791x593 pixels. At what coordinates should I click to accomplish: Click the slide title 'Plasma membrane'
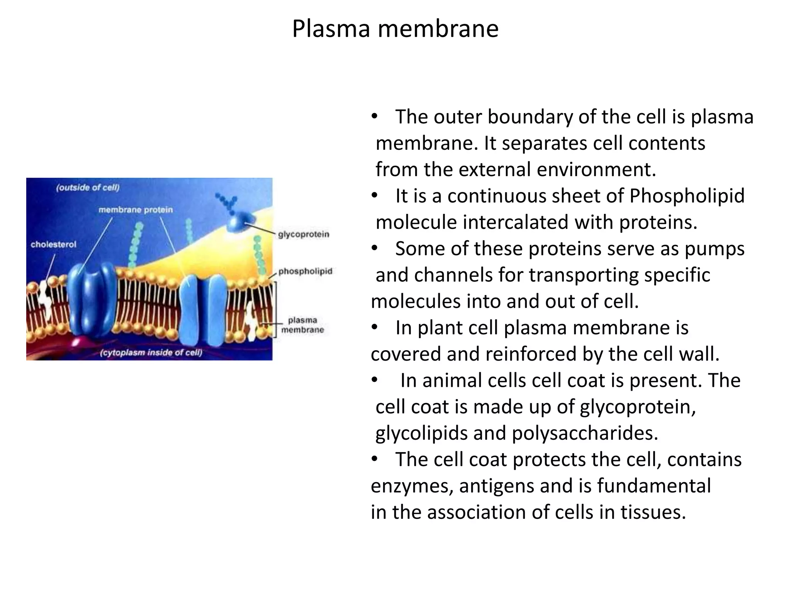click(x=395, y=29)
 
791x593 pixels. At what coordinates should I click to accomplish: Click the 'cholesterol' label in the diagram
click(x=54, y=244)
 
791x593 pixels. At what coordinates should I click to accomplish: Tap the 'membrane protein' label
click(x=136, y=210)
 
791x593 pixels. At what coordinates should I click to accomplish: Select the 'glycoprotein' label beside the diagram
click(x=304, y=234)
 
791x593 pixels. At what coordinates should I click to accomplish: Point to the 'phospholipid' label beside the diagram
click(x=305, y=271)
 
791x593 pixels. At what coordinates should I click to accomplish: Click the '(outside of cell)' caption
click(x=88, y=188)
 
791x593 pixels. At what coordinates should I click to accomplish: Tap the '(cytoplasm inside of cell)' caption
click(x=151, y=352)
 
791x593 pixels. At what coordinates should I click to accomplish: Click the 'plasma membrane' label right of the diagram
click(x=302, y=325)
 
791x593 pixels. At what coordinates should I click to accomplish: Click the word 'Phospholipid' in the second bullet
click(x=687, y=196)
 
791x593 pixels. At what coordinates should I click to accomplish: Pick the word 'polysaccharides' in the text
click(x=585, y=433)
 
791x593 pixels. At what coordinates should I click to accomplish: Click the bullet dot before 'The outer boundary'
click(x=374, y=117)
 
